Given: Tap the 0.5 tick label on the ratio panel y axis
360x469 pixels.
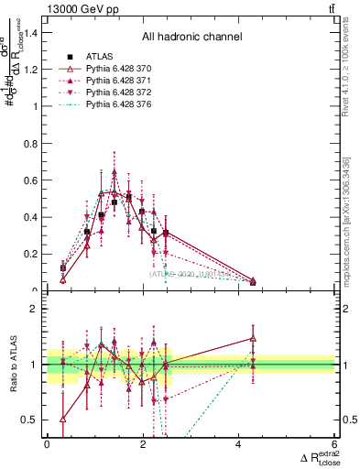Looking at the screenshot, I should click(33, 420).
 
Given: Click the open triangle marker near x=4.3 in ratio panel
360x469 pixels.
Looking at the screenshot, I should click(253, 339).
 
